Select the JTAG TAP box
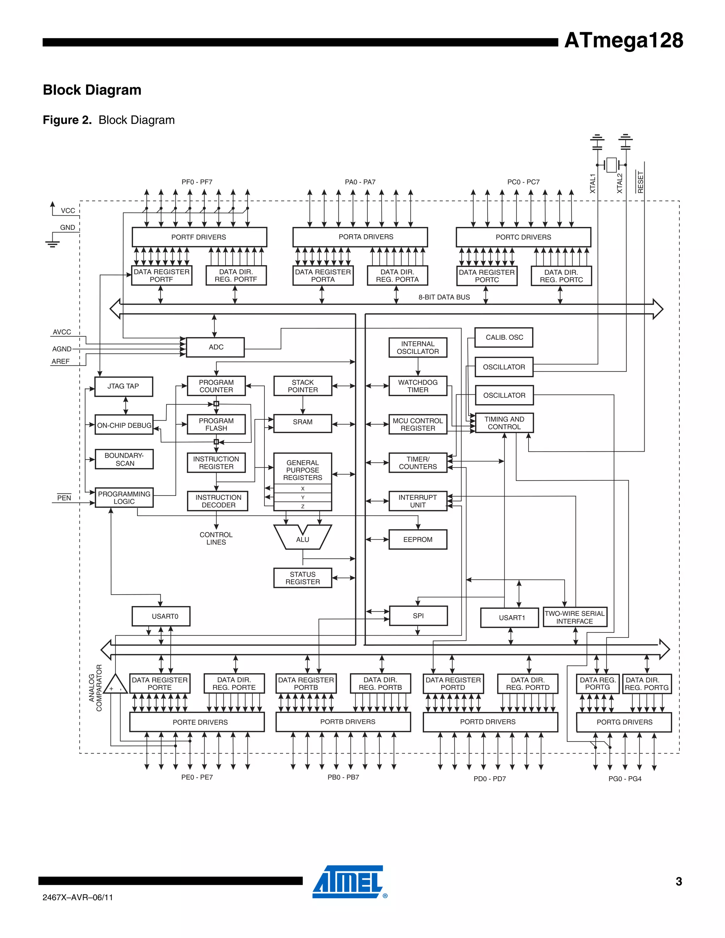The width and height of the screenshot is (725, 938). tap(123, 386)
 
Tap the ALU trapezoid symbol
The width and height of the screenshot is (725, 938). tap(302, 538)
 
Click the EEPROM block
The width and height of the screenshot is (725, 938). tap(417, 539)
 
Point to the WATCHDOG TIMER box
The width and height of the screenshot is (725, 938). tap(417, 386)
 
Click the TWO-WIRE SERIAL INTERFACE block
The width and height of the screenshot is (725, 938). tap(575, 617)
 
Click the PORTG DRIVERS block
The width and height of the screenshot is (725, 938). tap(624, 722)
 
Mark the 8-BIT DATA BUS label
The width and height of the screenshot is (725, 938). tap(444, 297)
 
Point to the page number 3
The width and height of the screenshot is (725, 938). tap(679, 881)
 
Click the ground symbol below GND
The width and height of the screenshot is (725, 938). tap(52, 244)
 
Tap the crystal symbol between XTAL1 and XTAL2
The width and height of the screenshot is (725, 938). tap(611, 165)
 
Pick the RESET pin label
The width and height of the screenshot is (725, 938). tap(640, 182)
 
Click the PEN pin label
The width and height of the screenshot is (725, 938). tap(64, 498)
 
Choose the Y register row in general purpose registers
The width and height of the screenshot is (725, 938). tap(302, 497)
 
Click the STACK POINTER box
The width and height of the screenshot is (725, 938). tap(302, 386)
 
